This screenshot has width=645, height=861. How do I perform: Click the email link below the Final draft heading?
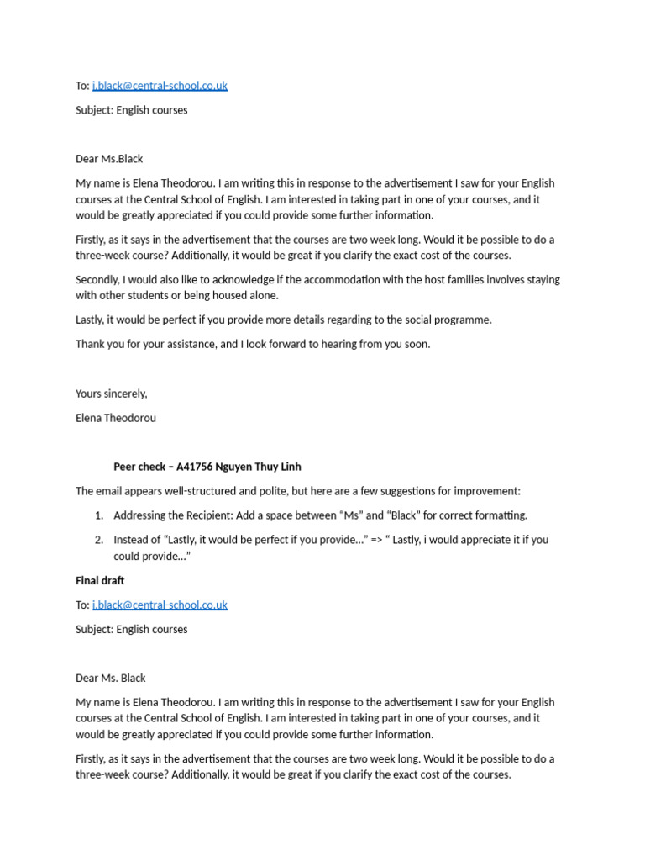[160, 605]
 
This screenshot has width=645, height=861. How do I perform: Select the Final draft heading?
[100, 580]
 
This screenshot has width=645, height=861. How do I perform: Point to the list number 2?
[99, 540]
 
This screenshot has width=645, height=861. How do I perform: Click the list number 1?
[99, 515]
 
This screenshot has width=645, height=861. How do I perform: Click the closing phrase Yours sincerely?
[111, 394]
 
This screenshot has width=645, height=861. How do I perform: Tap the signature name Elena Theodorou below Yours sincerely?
[115, 418]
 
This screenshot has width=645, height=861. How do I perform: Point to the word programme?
[462, 320]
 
